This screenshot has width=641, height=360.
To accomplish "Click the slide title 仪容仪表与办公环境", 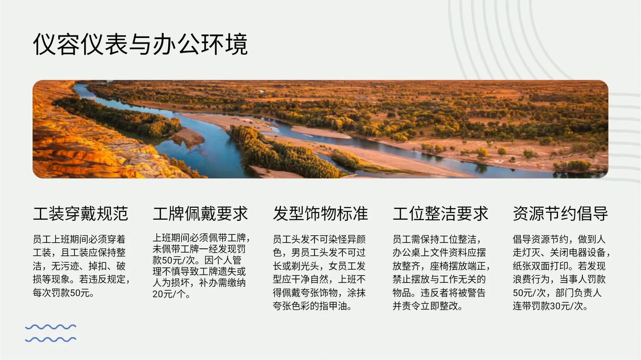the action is point(140,45).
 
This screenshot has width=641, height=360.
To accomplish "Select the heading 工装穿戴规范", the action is point(81,213).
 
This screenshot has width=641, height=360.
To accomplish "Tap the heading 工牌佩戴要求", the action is point(200,213).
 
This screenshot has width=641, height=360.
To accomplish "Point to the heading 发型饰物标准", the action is point(320,213).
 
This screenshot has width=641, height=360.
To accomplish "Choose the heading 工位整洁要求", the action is point(440,213).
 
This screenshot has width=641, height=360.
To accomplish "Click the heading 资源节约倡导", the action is point(560,213).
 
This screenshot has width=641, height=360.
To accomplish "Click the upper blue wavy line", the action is point(51,327).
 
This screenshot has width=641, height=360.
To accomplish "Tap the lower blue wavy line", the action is point(51,339).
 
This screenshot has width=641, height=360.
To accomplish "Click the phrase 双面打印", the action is point(550,266).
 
